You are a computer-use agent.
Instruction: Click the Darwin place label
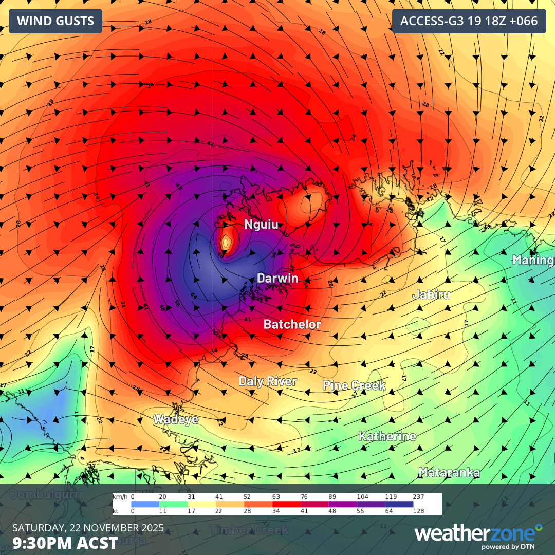click(x=277, y=279)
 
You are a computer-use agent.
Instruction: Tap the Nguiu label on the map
click(x=262, y=225)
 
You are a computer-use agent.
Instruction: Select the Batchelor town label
click(x=292, y=325)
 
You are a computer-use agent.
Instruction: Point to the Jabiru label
click(x=431, y=295)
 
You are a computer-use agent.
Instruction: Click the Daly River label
click(x=268, y=381)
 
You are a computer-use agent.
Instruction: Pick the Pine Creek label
click(x=354, y=385)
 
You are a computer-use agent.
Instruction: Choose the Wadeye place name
click(x=176, y=419)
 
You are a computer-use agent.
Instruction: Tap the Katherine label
click(x=387, y=437)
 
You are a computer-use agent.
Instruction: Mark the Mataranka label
click(x=449, y=473)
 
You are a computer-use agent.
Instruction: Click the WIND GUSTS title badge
click(x=55, y=21)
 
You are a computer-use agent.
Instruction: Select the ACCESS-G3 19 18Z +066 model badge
click(x=469, y=21)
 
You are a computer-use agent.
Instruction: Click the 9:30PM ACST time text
click(x=65, y=543)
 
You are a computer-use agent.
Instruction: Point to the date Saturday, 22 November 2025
click(x=88, y=528)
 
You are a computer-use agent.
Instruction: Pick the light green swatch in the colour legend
click(x=173, y=504)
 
